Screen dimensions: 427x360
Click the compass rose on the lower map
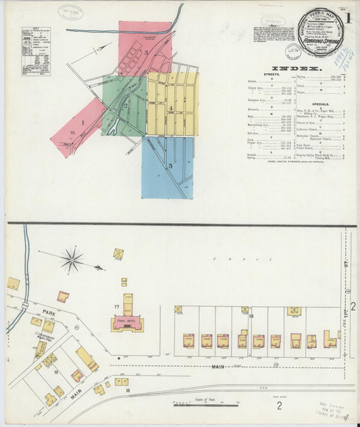[72, 259]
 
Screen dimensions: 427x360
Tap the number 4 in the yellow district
[172, 107]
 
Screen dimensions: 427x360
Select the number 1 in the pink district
[82, 123]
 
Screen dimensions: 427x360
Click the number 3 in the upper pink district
[145, 52]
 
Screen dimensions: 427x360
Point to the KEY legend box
[35, 51]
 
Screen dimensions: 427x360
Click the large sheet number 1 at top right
[347, 17]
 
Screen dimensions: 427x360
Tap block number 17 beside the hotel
[116, 308]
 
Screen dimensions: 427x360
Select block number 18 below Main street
[126, 390]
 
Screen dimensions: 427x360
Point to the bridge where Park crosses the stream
[25, 305]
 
